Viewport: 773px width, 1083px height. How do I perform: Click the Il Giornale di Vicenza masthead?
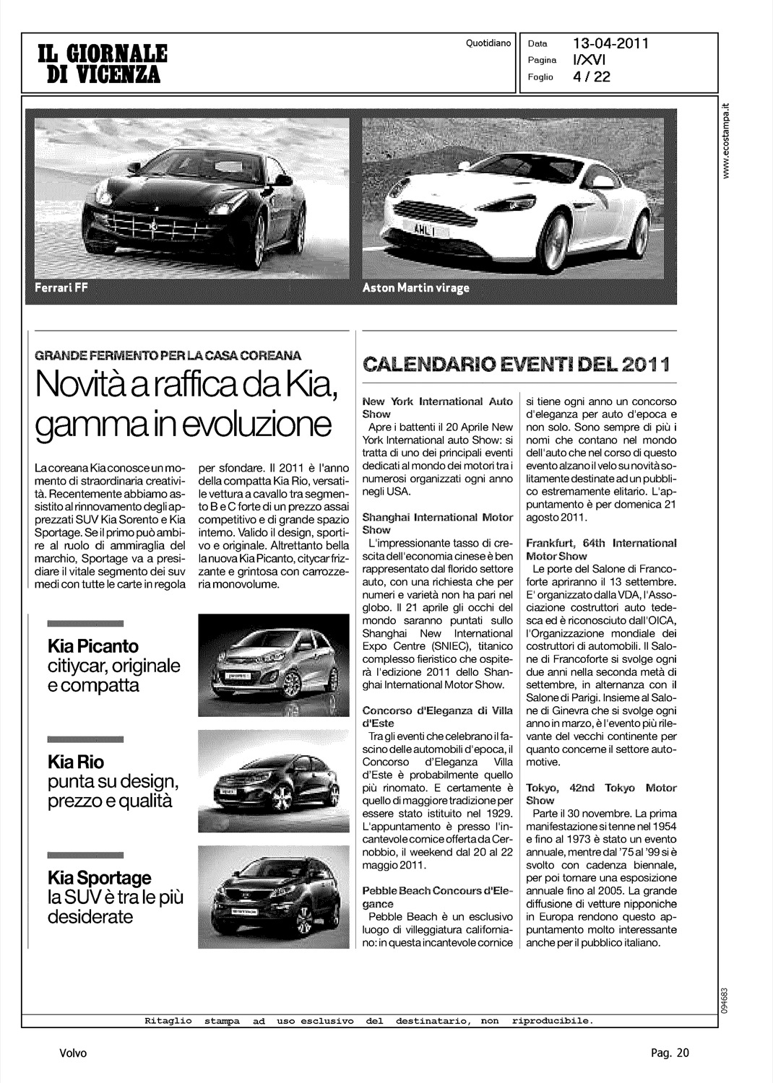pos(101,64)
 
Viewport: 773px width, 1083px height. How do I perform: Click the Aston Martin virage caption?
pos(416,288)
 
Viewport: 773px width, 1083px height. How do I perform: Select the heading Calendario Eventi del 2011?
pos(517,362)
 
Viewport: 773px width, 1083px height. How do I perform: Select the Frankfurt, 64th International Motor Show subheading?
pos(601,549)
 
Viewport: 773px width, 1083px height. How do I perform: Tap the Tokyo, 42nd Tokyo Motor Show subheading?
pos(601,793)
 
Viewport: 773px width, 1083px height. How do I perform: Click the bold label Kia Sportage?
pos(99,878)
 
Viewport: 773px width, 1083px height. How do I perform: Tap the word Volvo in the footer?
pos(73,1053)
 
